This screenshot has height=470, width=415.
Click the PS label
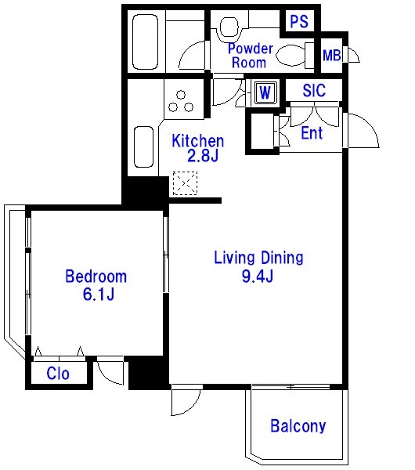(299, 21)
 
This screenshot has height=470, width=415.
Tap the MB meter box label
(332, 56)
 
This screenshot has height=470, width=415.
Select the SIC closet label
(314, 90)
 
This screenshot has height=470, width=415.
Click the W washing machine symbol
(265, 92)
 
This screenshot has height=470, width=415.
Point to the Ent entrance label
(312, 133)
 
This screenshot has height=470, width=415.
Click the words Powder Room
(251, 56)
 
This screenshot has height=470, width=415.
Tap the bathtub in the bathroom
(145, 42)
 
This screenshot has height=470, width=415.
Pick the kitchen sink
(144, 147)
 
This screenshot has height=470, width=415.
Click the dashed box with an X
(185, 183)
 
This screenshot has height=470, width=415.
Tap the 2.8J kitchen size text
(203, 156)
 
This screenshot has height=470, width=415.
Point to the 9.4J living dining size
(258, 276)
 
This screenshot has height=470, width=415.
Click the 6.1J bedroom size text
(99, 295)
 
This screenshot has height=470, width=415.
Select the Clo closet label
(58, 374)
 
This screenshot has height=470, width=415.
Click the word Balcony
(298, 426)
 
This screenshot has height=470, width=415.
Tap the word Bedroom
(96, 276)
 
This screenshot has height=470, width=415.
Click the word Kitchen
(198, 141)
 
